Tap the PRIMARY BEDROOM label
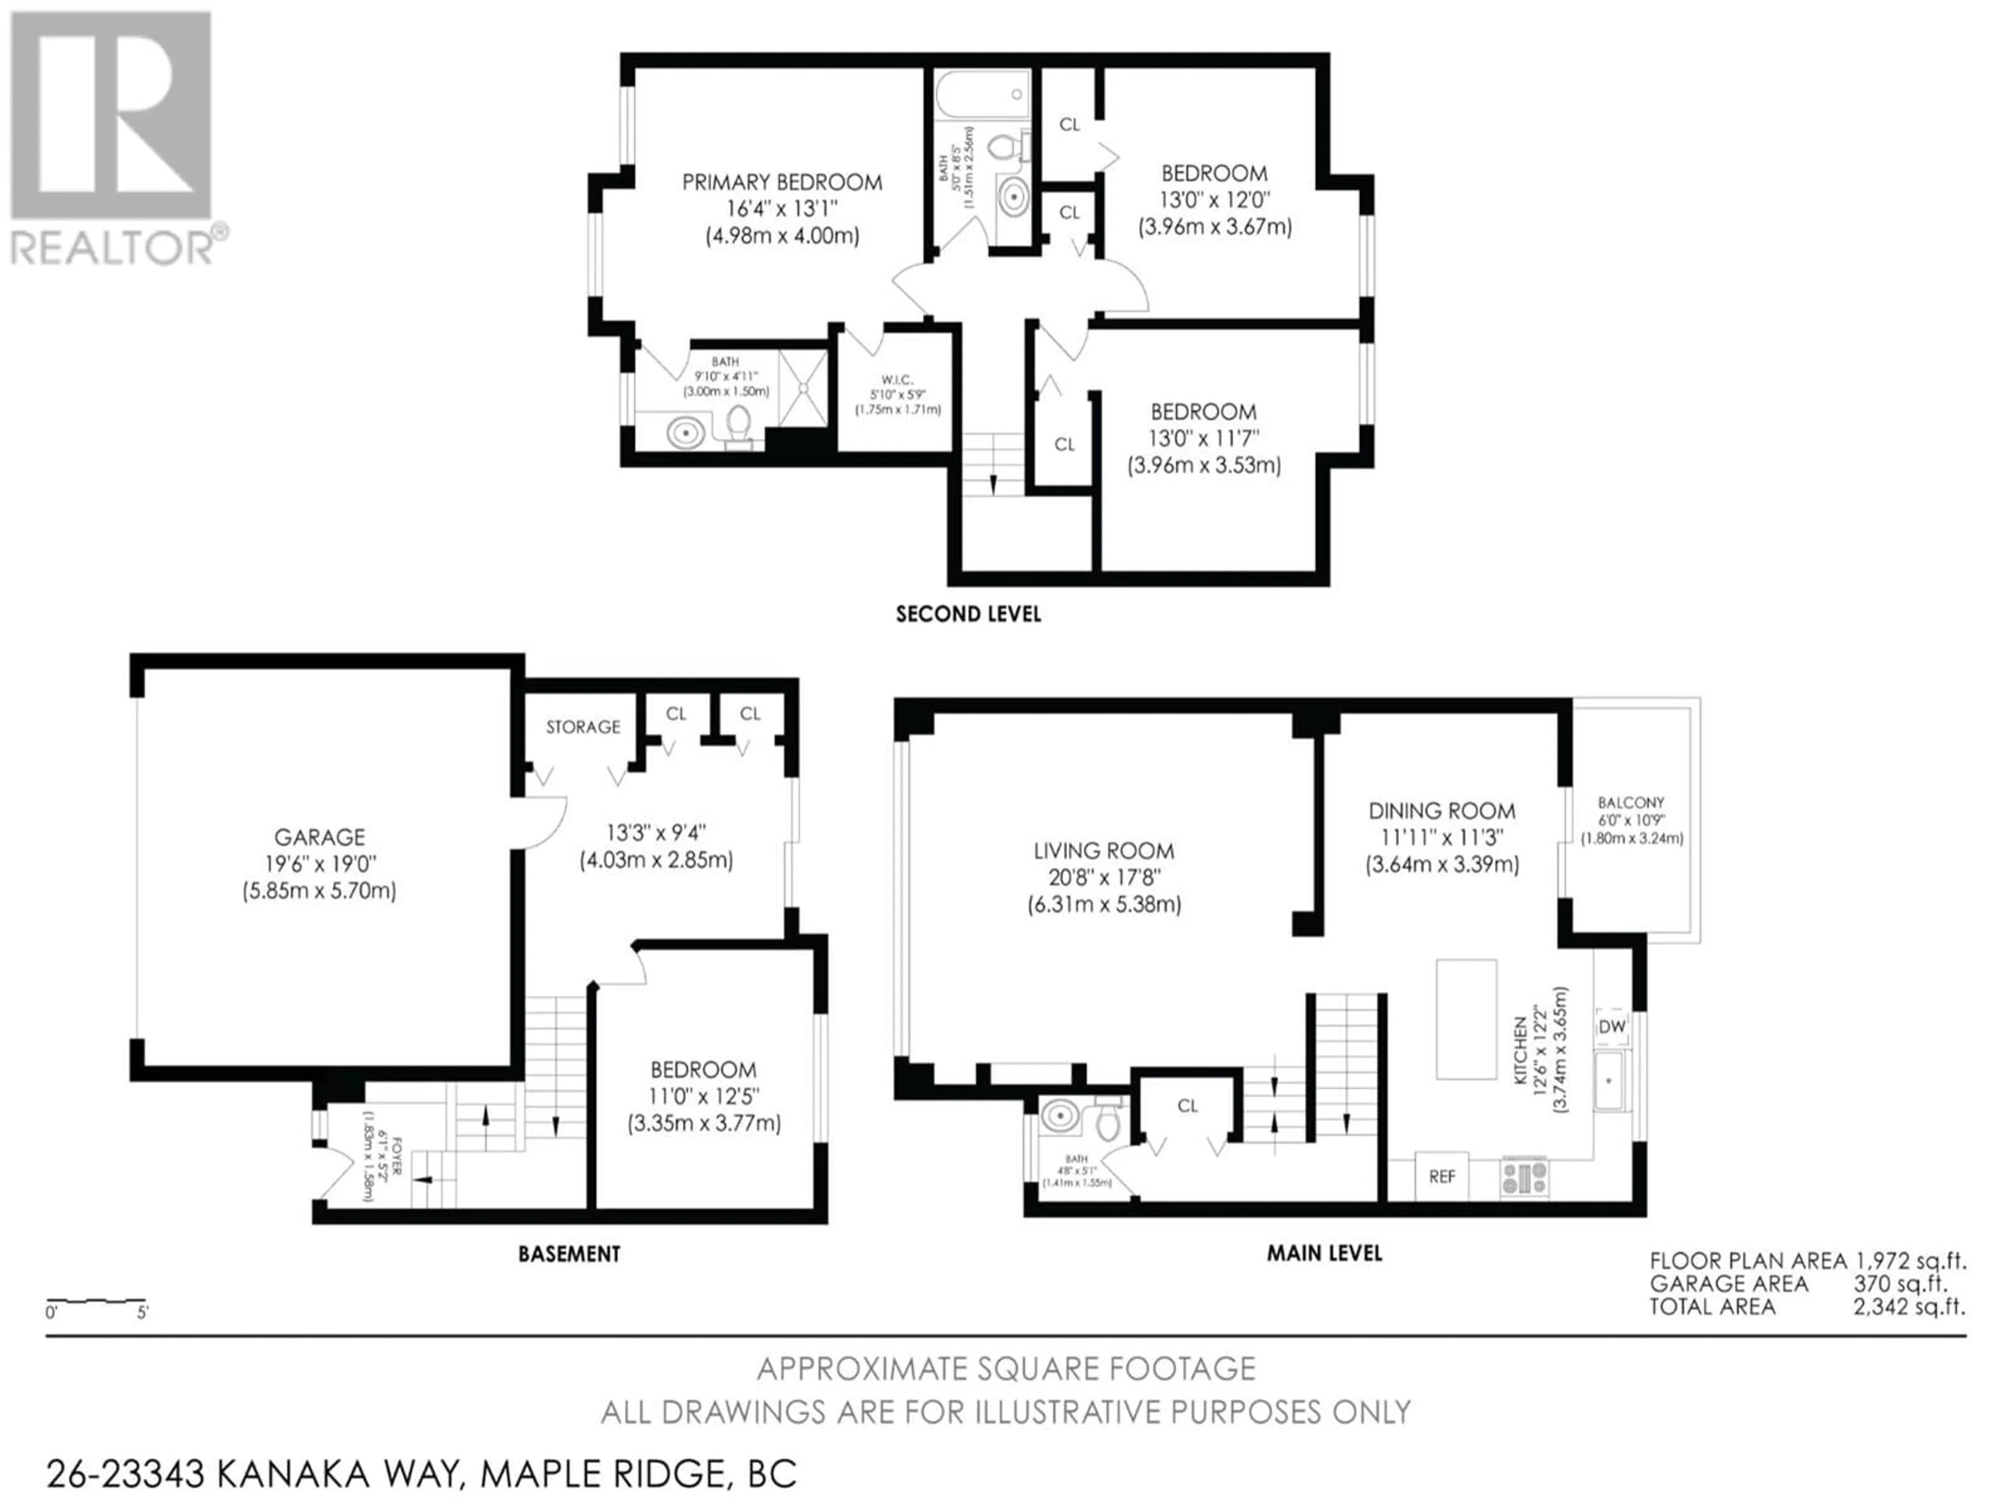tap(782, 182)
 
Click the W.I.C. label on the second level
tap(897, 379)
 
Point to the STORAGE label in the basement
tap(583, 727)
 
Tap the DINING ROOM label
tap(1442, 811)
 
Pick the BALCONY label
tap(1631, 802)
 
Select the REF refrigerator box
tap(1442, 1176)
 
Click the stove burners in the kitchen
tap(1525, 1176)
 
